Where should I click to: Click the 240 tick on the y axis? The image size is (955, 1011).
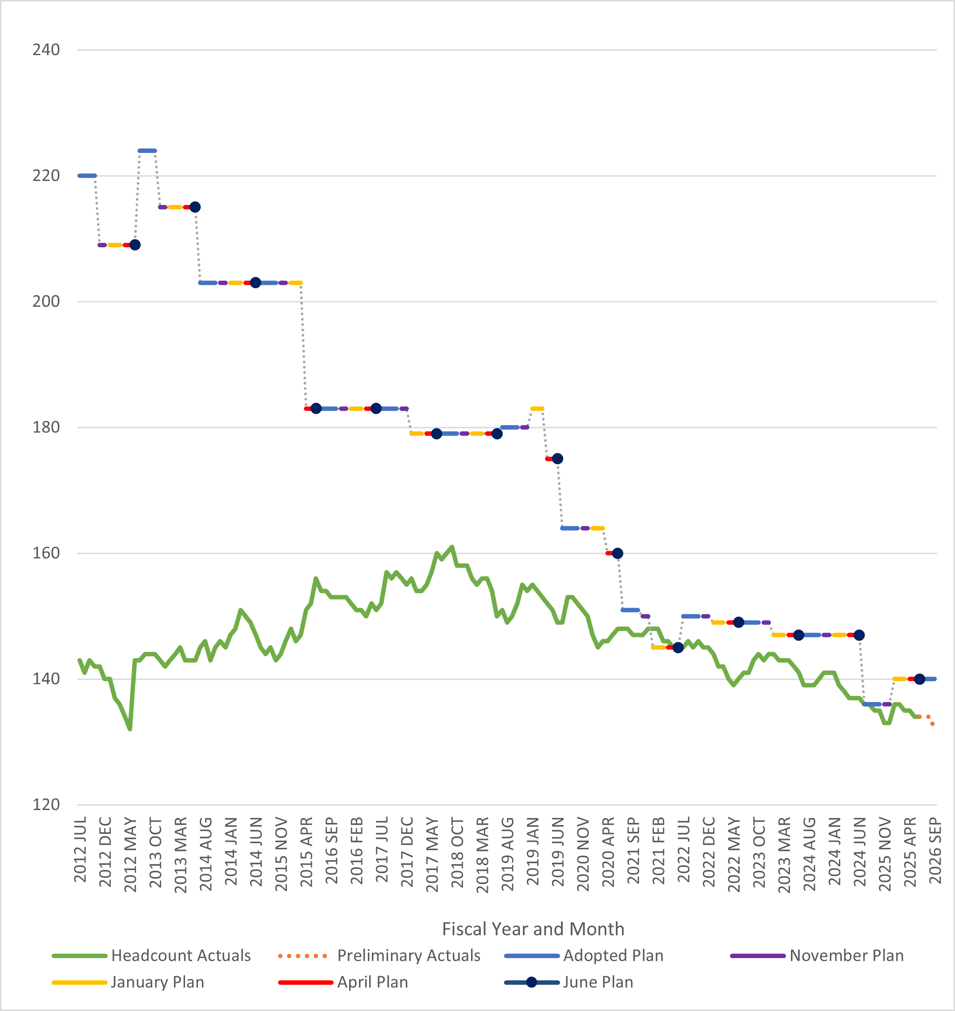click(46, 50)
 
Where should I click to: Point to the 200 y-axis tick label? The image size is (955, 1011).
click(46, 301)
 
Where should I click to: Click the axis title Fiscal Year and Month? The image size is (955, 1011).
click(533, 929)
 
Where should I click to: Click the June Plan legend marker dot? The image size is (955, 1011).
click(532, 982)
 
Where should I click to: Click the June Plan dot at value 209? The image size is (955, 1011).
click(135, 245)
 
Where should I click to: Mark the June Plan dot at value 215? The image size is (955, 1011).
click(195, 207)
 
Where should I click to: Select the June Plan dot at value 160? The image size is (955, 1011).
click(617, 553)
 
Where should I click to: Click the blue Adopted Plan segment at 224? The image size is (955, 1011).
click(147, 151)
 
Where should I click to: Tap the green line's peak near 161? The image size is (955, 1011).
click(452, 547)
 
